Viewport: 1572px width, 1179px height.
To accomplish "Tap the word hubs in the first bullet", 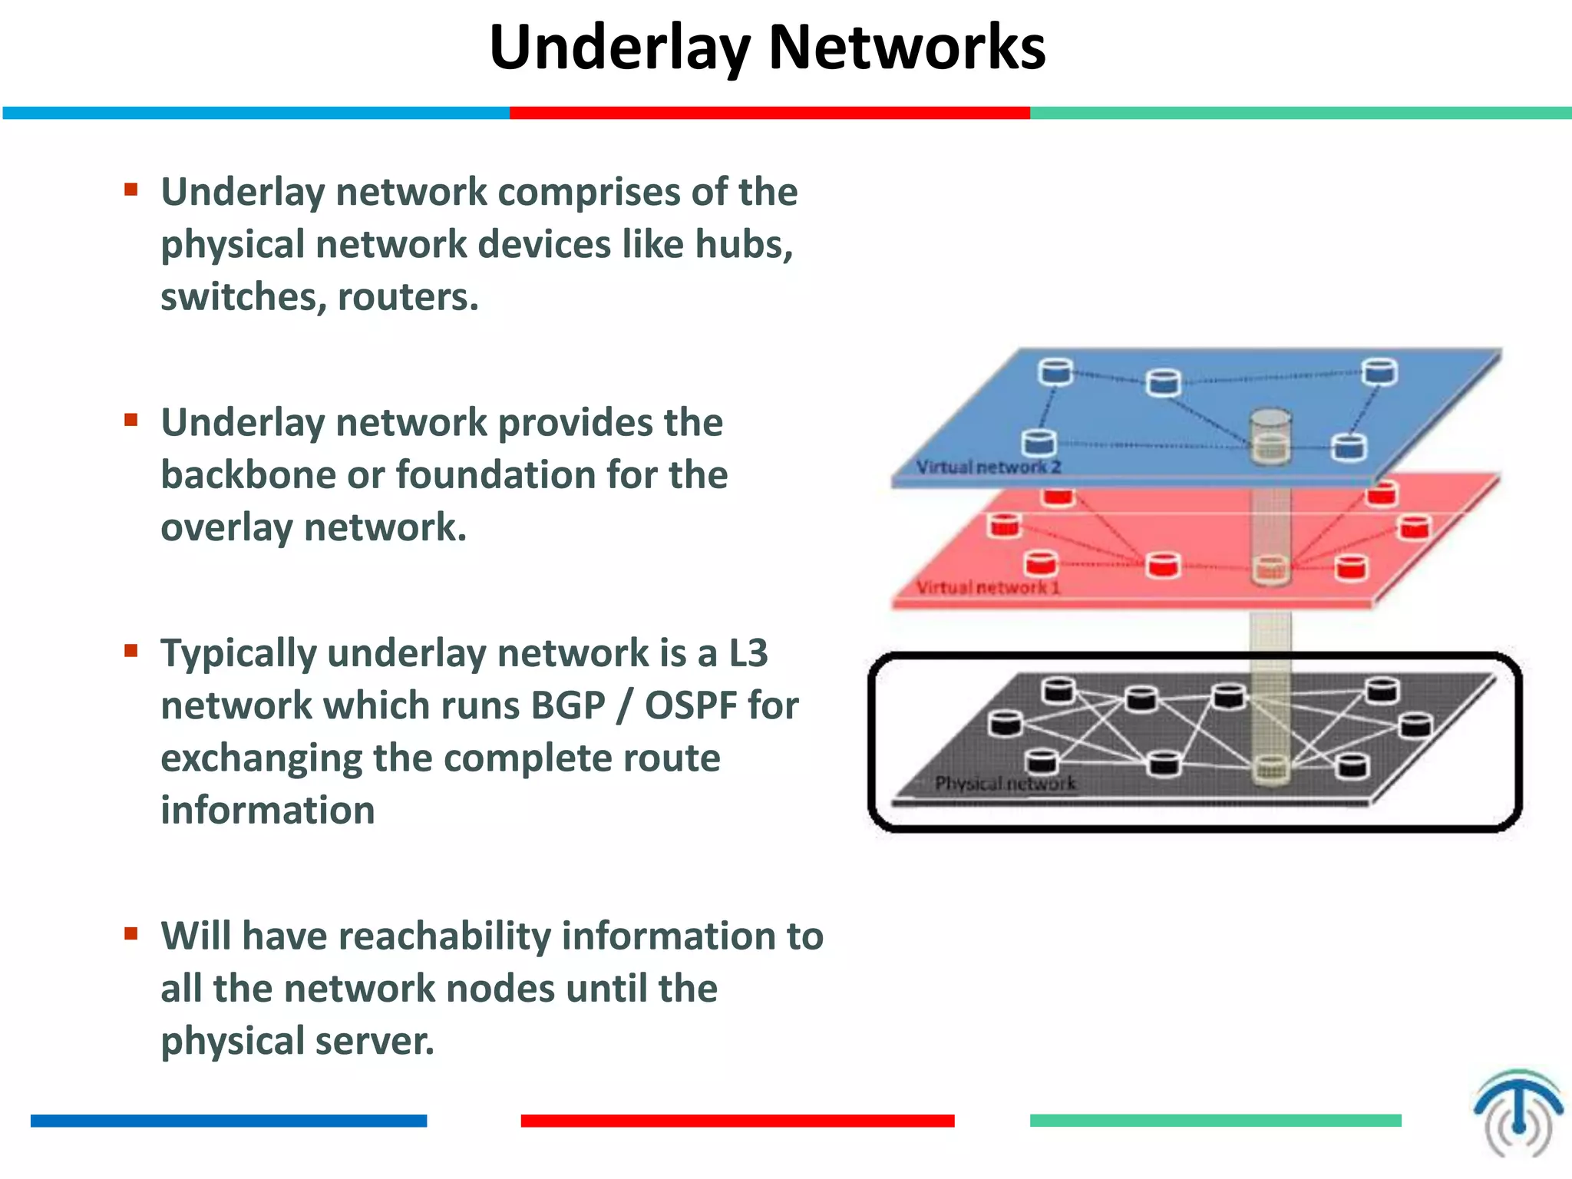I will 741,244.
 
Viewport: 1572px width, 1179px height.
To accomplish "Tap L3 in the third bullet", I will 748,653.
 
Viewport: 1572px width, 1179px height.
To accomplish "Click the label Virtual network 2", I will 988,467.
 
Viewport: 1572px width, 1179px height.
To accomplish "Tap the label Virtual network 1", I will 988,587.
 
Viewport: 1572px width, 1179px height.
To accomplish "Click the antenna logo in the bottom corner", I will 1518,1112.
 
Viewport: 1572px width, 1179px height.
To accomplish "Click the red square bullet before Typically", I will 131,651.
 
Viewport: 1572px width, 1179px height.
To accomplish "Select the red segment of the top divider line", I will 769,113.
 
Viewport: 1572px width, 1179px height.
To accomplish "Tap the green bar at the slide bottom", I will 1214,1121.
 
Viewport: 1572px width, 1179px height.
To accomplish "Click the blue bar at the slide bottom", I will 228,1121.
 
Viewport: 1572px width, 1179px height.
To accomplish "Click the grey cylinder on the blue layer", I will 1270,436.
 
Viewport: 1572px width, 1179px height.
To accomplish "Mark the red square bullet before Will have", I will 131,933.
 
